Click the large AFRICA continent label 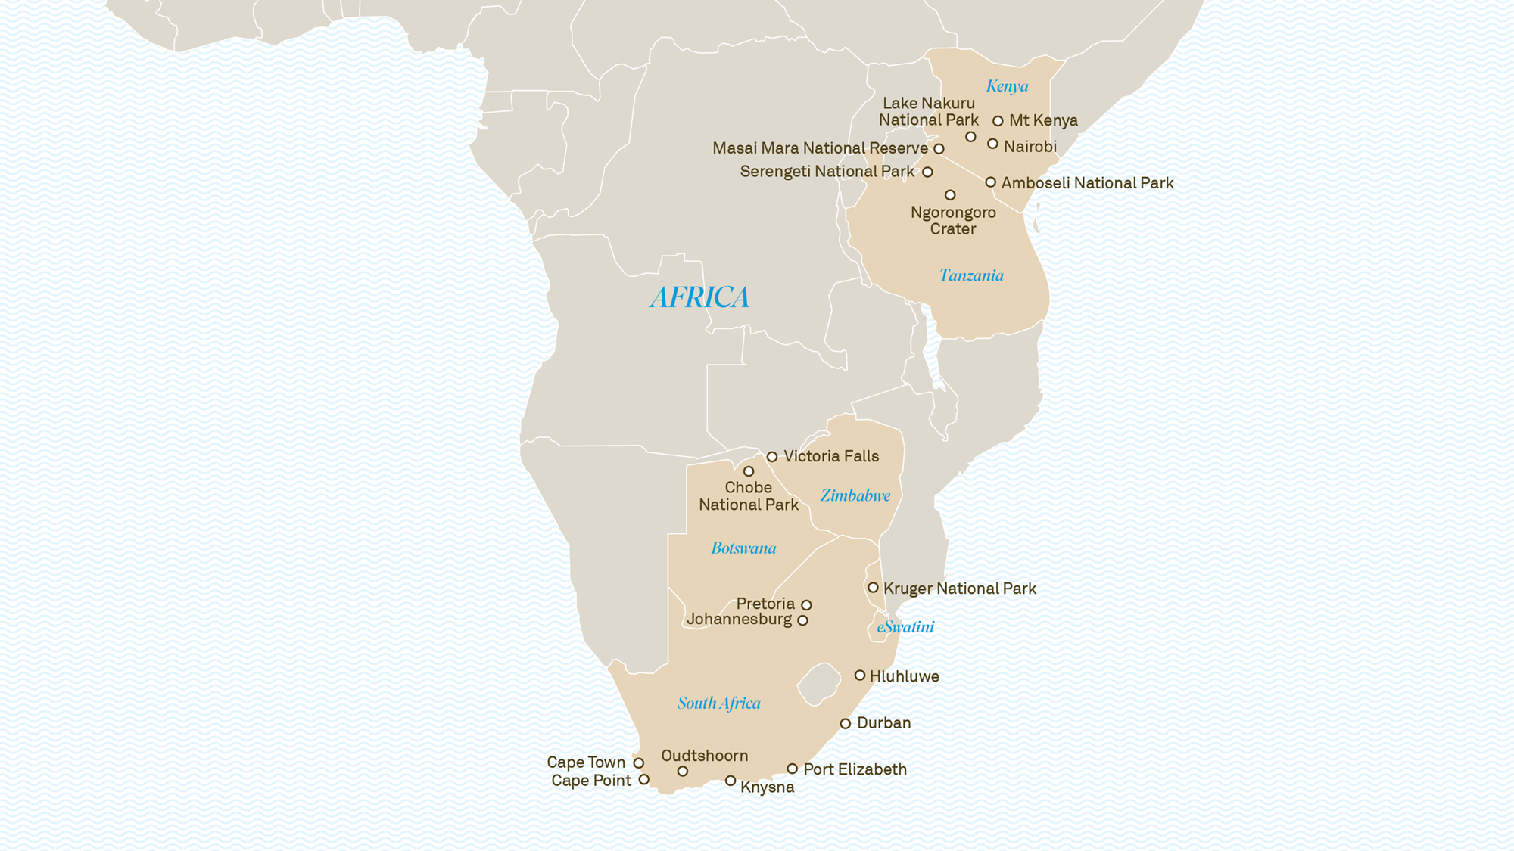(x=699, y=297)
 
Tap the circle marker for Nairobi (x=992, y=144)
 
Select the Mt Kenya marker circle (x=998, y=121)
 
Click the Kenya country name (x=1007, y=86)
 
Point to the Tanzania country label (x=971, y=275)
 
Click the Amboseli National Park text (x=1087, y=183)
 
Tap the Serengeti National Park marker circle (x=927, y=172)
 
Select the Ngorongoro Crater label (x=953, y=220)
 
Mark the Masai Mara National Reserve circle (x=939, y=149)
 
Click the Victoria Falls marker (x=772, y=457)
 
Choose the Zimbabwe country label (x=855, y=495)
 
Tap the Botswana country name (x=743, y=548)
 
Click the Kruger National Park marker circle (x=873, y=588)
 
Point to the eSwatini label (x=905, y=626)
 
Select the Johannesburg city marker (x=802, y=621)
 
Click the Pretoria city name (x=765, y=604)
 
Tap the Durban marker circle (x=846, y=724)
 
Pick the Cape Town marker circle (x=639, y=763)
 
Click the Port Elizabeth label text (x=855, y=769)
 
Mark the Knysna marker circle (x=731, y=781)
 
